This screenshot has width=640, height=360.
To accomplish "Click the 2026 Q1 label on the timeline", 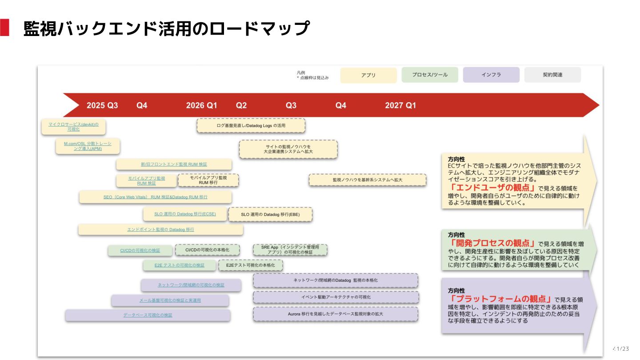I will [201, 105].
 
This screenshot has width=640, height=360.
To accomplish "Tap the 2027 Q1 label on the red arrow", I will [400, 105].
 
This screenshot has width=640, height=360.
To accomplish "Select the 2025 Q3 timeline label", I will [102, 105].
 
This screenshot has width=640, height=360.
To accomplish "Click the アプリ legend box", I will [368, 75].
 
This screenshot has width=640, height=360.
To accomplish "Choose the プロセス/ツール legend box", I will [430, 75].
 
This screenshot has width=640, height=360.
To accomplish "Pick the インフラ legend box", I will [491, 75].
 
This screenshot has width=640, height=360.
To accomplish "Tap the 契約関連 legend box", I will [552, 75].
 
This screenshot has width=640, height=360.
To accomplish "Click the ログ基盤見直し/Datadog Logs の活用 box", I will [251, 126].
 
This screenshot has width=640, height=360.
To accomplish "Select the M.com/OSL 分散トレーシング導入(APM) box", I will [88, 146].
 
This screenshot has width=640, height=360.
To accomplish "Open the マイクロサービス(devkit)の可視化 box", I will [73, 127].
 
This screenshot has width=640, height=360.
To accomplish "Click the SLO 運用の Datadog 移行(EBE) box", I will [270, 214].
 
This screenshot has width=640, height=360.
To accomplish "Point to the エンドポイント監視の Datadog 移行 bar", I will [160, 229].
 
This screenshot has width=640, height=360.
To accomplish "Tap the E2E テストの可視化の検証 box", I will [180, 265].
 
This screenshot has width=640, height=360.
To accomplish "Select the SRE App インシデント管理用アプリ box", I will [290, 249].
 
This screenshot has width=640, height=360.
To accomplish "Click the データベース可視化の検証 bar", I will [148, 315].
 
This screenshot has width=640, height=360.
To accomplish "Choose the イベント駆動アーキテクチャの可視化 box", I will [336, 297].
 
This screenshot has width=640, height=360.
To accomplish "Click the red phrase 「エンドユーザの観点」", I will [492, 188].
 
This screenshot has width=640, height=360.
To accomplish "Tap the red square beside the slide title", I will [4, 28].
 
